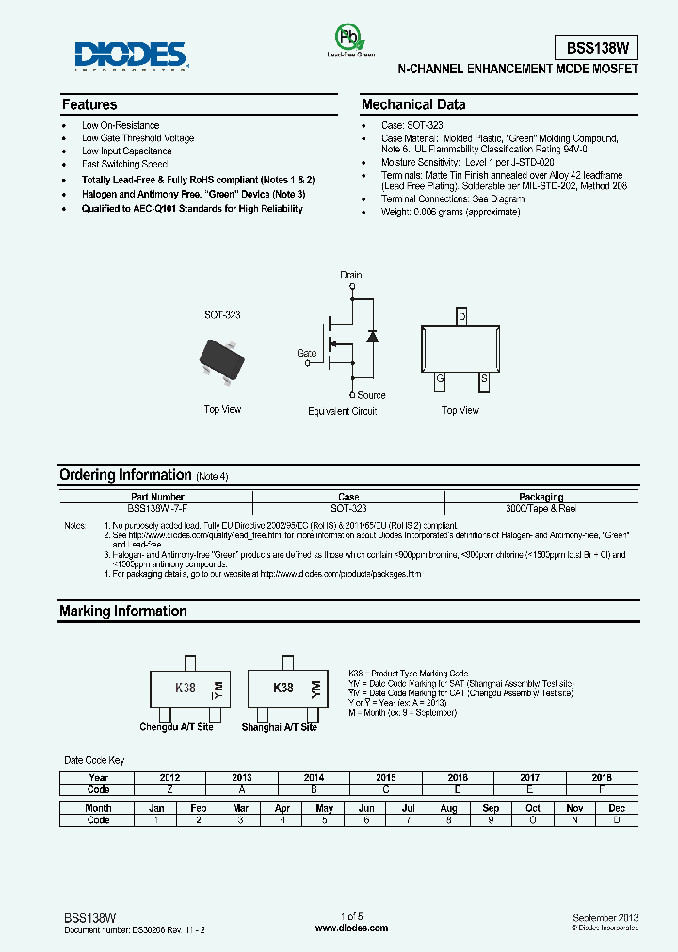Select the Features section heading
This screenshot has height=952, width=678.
pyautogui.click(x=89, y=104)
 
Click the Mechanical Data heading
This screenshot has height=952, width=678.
pyautogui.click(x=413, y=104)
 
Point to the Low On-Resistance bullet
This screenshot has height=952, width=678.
pyautogui.click(x=121, y=125)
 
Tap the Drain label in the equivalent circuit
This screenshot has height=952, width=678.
pyautogui.click(x=350, y=276)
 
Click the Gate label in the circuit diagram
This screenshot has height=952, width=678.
pyautogui.click(x=307, y=353)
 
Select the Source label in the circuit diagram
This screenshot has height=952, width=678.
pyautogui.click(x=371, y=395)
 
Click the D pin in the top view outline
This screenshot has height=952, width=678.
pyautogui.click(x=461, y=317)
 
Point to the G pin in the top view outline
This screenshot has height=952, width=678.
pyautogui.click(x=439, y=380)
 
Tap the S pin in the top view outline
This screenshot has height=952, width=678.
pyautogui.click(x=484, y=380)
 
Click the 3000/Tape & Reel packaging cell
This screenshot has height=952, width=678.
pyautogui.click(x=541, y=508)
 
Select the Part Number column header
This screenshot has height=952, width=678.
pyautogui.click(x=157, y=497)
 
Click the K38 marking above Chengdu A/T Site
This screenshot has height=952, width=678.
pyautogui.click(x=186, y=689)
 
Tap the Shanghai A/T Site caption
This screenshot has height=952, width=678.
pyautogui.click(x=279, y=727)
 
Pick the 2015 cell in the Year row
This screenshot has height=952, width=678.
pyautogui.click(x=385, y=777)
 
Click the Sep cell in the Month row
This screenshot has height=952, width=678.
pyautogui.click(x=491, y=808)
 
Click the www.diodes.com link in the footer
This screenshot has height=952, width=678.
pyautogui.click(x=351, y=928)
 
